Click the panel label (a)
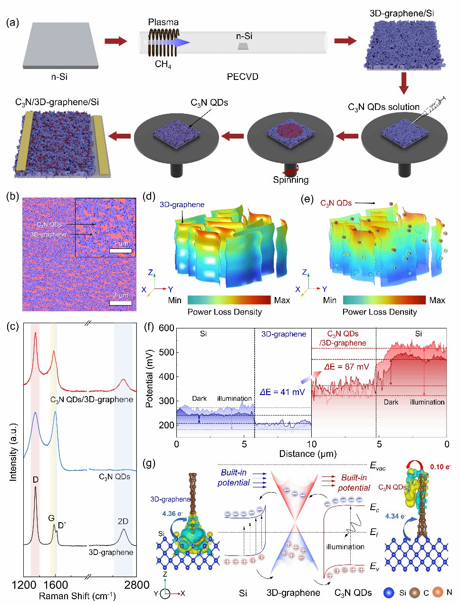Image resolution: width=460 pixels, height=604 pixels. pyautogui.click(x=12, y=22)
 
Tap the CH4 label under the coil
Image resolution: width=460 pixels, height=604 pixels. pyautogui.click(x=163, y=64)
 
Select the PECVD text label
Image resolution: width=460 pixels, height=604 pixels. pyautogui.click(x=242, y=77)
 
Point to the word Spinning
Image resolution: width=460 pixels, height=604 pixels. pyautogui.click(x=291, y=180)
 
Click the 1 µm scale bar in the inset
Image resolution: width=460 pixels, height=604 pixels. pyautogui.click(x=121, y=251)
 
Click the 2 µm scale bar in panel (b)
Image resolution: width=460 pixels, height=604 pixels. pyautogui.click(x=121, y=303)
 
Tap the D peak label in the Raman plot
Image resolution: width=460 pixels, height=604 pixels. pyautogui.click(x=36, y=480)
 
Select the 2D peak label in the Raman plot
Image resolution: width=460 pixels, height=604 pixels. pyautogui.click(x=123, y=521)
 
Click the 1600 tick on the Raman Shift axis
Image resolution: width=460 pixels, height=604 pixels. pyautogui.click(x=56, y=585)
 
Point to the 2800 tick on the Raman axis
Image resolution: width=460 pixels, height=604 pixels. pyautogui.click(x=136, y=585)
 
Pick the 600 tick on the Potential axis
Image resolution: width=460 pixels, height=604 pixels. pyautogui.click(x=167, y=328)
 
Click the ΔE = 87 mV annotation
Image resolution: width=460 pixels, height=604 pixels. pyautogui.click(x=346, y=366)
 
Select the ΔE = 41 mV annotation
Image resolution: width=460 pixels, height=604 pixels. pyautogui.click(x=282, y=392)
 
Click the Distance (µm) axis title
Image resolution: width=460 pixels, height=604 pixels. pyautogui.click(x=308, y=454)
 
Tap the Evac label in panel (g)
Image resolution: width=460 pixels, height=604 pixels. pyautogui.click(x=378, y=466)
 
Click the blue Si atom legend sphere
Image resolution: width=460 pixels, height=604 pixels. pyautogui.click(x=389, y=593)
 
